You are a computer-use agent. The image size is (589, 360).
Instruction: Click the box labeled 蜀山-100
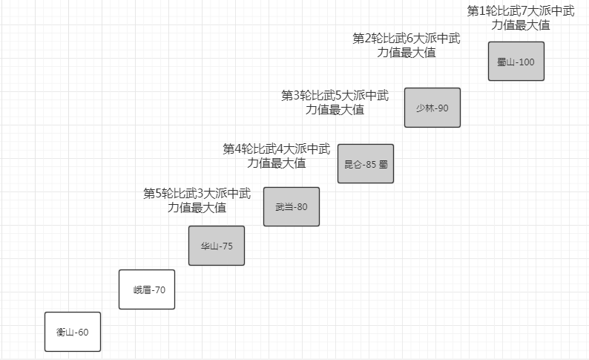pyautogui.click(x=516, y=61)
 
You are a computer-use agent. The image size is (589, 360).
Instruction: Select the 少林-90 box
pyautogui.click(x=432, y=108)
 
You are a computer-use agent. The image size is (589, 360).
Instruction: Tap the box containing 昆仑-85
pyautogui.click(x=366, y=163)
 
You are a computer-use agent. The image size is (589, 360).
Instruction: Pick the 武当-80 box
pyautogui.click(x=292, y=206)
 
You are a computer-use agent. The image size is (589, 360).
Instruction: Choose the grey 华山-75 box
pyautogui.click(x=217, y=246)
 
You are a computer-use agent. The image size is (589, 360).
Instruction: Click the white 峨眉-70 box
pyautogui.click(x=147, y=289)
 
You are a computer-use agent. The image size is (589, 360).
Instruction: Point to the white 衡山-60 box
pyautogui.click(x=73, y=332)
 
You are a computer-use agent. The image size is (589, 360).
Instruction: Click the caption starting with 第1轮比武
pyautogui.click(x=521, y=18)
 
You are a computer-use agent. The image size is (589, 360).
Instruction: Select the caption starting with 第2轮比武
pyautogui.click(x=406, y=45)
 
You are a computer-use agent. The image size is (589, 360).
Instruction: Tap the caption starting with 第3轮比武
pyautogui.click(x=335, y=102)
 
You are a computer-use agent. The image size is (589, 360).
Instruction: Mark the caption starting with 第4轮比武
pyautogui.click(x=277, y=156)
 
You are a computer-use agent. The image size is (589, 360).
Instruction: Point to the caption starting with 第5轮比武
pyautogui.click(x=197, y=200)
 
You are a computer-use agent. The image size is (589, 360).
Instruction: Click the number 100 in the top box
pyautogui.click(x=526, y=62)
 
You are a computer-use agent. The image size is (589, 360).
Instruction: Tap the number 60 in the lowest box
pyautogui.click(x=83, y=333)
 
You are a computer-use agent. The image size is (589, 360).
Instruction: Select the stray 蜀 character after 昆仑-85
pyautogui.click(x=384, y=164)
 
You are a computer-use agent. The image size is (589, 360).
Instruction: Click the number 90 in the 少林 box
pyautogui.click(x=443, y=108)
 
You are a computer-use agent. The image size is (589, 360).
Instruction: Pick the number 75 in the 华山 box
pyautogui.click(x=228, y=246)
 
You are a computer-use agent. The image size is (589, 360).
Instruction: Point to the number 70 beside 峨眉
pyautogui.click(x=159, y=290)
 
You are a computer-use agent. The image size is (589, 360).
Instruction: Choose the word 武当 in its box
pyautogui.click(x=283, y=207)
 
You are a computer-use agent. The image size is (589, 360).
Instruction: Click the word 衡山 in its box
pyautogui.click(x=65, y=333)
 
